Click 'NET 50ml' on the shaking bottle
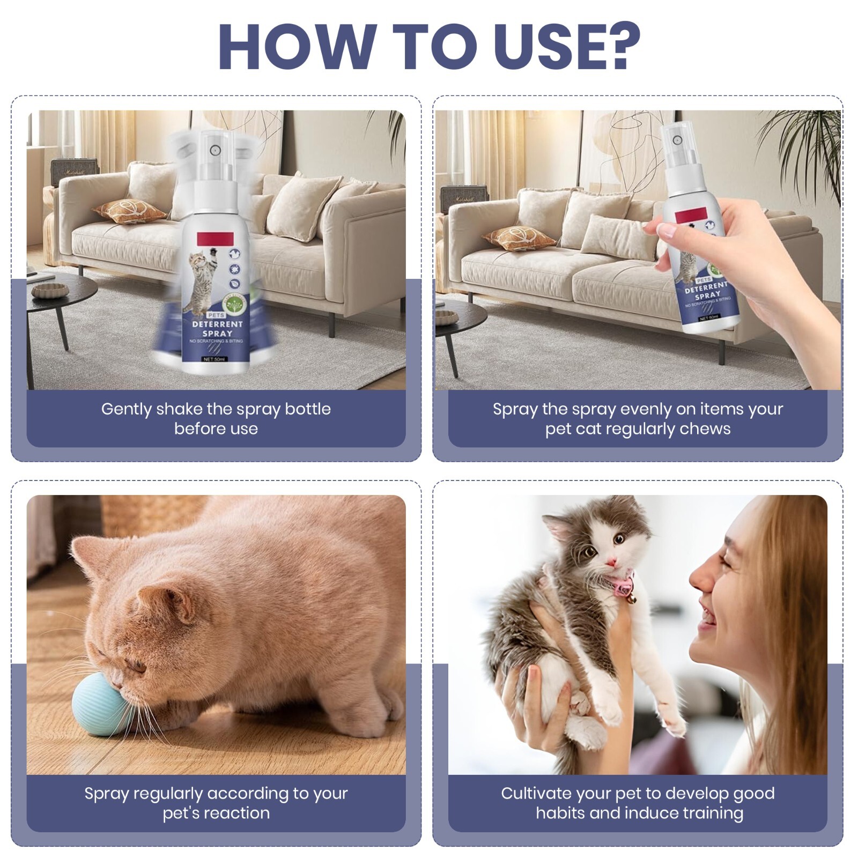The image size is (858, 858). tap(214, 359)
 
